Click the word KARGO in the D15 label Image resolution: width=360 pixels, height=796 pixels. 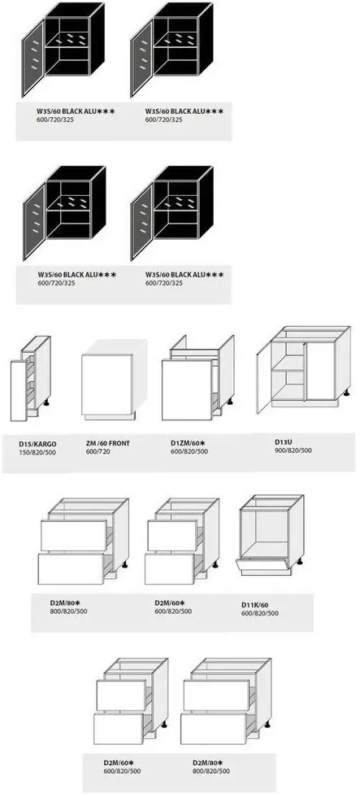coord(46,444)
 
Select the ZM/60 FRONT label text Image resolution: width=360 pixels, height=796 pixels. coord(108,443)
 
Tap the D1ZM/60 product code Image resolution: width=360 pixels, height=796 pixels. coord(185,443)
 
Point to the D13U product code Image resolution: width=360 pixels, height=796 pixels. coord(284,441)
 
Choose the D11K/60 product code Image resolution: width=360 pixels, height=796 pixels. coord(254,605)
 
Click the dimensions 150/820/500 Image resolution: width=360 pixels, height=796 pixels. coord(37,452)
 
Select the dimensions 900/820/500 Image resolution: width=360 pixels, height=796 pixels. coord(293,450)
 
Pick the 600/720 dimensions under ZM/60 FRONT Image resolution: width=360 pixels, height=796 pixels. coord(98,451)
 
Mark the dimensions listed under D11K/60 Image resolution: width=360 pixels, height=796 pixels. coord(259,613)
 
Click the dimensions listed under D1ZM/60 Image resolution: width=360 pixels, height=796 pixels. coord(189,451)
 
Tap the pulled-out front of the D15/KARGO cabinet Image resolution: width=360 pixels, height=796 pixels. coord(18,390)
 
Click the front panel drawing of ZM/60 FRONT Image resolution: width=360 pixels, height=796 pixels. coord(106,385)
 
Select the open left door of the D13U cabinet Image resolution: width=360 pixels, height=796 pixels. coord(263,378)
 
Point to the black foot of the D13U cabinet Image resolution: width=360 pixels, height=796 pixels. coord(347,393)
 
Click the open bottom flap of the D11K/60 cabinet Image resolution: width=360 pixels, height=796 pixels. coord(262,563)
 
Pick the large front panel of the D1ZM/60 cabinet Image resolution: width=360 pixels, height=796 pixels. coord(187,390)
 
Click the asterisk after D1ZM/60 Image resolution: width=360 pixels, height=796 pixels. coord(203,442)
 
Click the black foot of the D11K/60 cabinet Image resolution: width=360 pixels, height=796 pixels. coord(300,561)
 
